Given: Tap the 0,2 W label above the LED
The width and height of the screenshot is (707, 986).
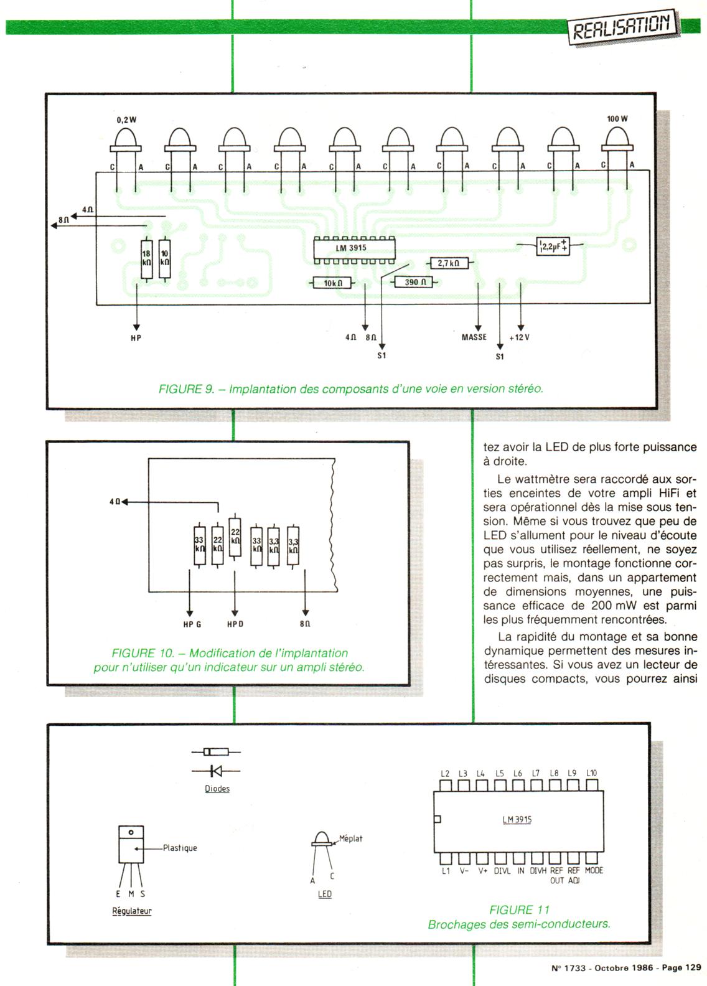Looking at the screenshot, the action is click(x=126, y=120).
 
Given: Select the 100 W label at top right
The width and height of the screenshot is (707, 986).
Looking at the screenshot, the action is click(x=617, y=119).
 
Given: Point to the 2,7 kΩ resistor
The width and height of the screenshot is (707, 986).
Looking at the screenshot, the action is click(x=449, y=263).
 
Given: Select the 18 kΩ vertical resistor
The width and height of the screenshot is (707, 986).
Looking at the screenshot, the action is click(x=147, y=260).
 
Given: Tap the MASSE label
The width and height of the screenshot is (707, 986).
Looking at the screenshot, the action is click(x=474, y=337).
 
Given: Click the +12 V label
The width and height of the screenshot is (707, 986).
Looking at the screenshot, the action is click(x=519, y=337).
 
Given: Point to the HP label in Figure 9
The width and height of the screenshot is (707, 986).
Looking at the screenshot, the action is click(x=136, y=338).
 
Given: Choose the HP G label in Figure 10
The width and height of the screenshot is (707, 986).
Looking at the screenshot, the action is click(x=192, y=624).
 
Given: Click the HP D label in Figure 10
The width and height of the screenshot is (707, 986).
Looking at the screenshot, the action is click(x=235, y=624).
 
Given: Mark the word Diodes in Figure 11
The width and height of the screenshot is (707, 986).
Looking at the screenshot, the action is click(x=217, y=789).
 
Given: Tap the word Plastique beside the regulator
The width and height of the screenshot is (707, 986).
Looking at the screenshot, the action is click(x=180, y=848).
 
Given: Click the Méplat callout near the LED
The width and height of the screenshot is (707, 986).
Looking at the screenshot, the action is click(x=351, y=838).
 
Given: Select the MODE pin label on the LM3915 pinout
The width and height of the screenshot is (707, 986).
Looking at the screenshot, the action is click(x=594, y=870).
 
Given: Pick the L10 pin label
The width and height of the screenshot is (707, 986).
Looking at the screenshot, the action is click(x=592, y=773).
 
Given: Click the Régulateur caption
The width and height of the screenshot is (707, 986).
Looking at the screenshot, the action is click(x=131, y=911).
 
